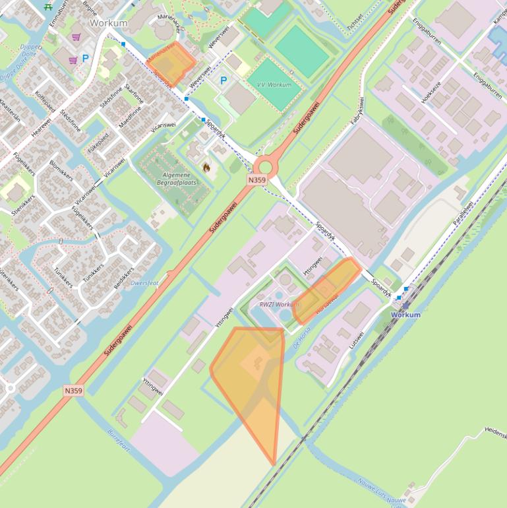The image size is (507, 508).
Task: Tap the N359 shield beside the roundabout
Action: click(x=257, y=180)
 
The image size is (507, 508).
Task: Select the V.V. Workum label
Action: click(x=274, y=85)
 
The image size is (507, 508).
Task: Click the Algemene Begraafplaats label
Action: click(x=177, y=178)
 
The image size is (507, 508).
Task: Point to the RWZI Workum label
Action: click(x=279, y=304)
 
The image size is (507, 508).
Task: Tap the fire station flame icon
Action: click(x=206, y=168)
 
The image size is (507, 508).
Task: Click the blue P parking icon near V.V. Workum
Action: click(x=224, y=80)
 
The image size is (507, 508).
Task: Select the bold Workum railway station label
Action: click(x=405, y=315)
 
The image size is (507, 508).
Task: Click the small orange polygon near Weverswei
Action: click(x=171, y=63)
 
